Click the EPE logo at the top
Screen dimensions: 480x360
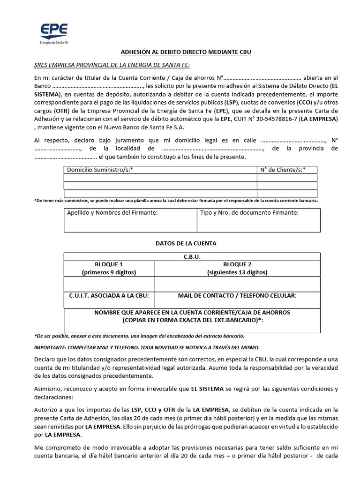53,33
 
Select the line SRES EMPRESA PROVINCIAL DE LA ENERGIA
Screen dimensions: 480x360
112,65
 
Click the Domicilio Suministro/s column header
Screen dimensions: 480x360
100,170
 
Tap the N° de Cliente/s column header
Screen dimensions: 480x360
283,170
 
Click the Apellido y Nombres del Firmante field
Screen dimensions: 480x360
130,220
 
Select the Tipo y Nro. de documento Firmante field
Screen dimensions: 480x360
258,220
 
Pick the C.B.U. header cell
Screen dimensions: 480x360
192,257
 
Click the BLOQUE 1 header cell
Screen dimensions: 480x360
109,268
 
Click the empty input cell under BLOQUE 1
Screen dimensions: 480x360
109,284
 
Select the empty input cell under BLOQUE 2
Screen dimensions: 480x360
237,284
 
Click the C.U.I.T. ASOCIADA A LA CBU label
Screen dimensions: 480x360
109,296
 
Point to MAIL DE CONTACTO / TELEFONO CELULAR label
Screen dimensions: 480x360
237,296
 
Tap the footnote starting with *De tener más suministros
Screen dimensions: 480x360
176,201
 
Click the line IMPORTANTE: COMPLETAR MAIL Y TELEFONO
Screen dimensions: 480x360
147,347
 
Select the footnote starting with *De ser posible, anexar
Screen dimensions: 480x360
139,336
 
